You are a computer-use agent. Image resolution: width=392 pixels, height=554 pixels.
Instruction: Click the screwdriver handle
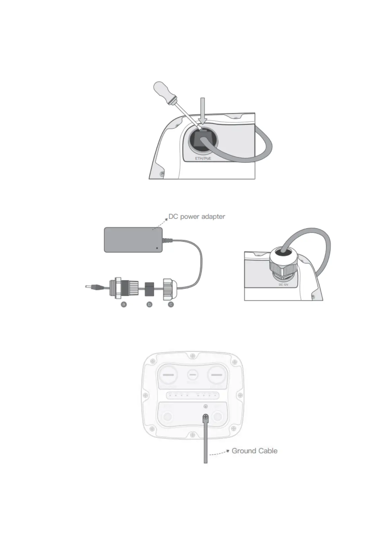click(x=165, y=93)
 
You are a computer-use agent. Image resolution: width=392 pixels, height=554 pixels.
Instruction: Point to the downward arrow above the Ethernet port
click(x=203, y=112)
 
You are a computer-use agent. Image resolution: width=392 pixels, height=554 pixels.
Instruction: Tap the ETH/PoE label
click(x=203, y=159)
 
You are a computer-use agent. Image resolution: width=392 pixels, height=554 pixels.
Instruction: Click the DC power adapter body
click(x=133, y=239)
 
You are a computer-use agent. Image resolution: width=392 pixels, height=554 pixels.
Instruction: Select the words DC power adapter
click(x=197, y=216)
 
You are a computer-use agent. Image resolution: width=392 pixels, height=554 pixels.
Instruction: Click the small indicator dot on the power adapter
click(x=157, y=248)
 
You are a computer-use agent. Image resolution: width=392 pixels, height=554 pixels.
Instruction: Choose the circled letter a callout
click(x=124, y=304)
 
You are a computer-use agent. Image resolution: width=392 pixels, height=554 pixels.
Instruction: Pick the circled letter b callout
click(x=149, y=305)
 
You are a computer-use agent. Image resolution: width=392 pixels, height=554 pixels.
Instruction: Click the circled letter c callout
click(x=171, y=304)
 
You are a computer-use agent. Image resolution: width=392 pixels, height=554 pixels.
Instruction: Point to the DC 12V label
click(x=283, y=284)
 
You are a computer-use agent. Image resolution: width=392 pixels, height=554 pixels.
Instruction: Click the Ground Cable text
click(x=254, y=451)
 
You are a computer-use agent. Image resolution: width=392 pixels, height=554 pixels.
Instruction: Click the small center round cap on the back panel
click(x=193, y=375)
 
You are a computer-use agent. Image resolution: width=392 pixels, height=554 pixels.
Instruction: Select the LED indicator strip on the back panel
click(x=193, y=395)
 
